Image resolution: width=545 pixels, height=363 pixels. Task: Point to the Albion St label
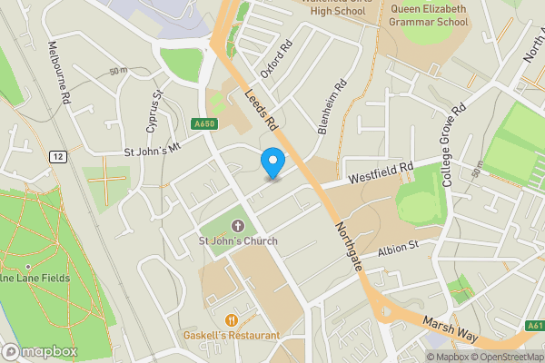[397, 246]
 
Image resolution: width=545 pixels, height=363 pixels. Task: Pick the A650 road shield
[204, 123]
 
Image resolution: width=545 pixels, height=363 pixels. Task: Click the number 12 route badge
[58, 156]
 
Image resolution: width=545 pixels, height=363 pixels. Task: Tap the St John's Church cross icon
[238, 225]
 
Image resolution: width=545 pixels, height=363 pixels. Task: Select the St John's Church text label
[238, 240]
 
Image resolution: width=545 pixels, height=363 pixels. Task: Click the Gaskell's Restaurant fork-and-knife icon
[232, 319]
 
